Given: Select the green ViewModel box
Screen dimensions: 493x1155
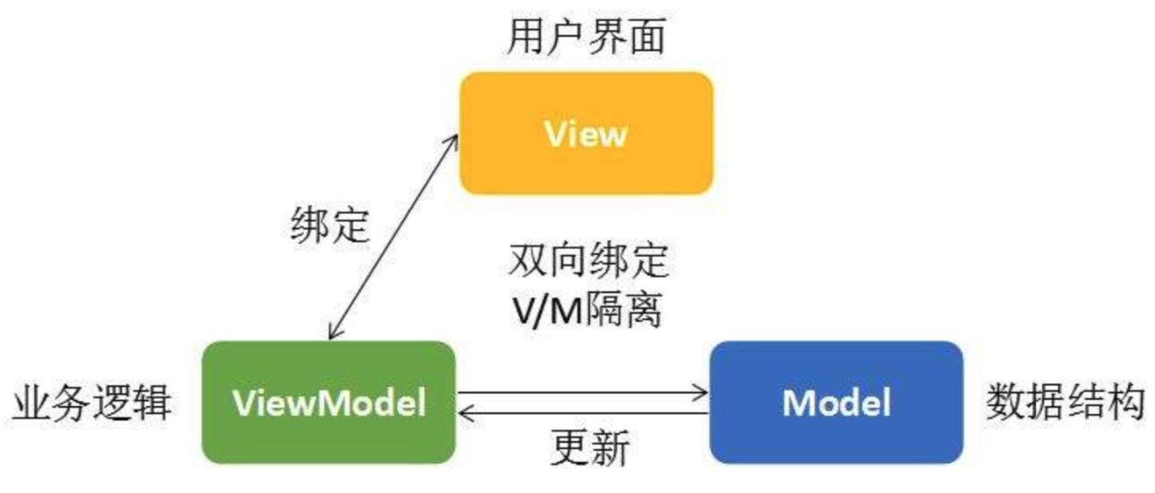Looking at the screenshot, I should (329, 402).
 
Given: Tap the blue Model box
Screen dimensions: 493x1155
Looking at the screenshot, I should (836, 402).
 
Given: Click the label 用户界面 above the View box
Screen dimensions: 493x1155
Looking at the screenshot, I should (586, 39).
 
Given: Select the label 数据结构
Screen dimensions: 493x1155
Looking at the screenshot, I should (1065, 403).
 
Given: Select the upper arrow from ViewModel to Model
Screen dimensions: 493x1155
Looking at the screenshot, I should (582, 392).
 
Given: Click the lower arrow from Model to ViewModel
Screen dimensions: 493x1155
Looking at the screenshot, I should (582, 413).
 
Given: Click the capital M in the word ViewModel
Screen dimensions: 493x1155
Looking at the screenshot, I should (324, 403).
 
